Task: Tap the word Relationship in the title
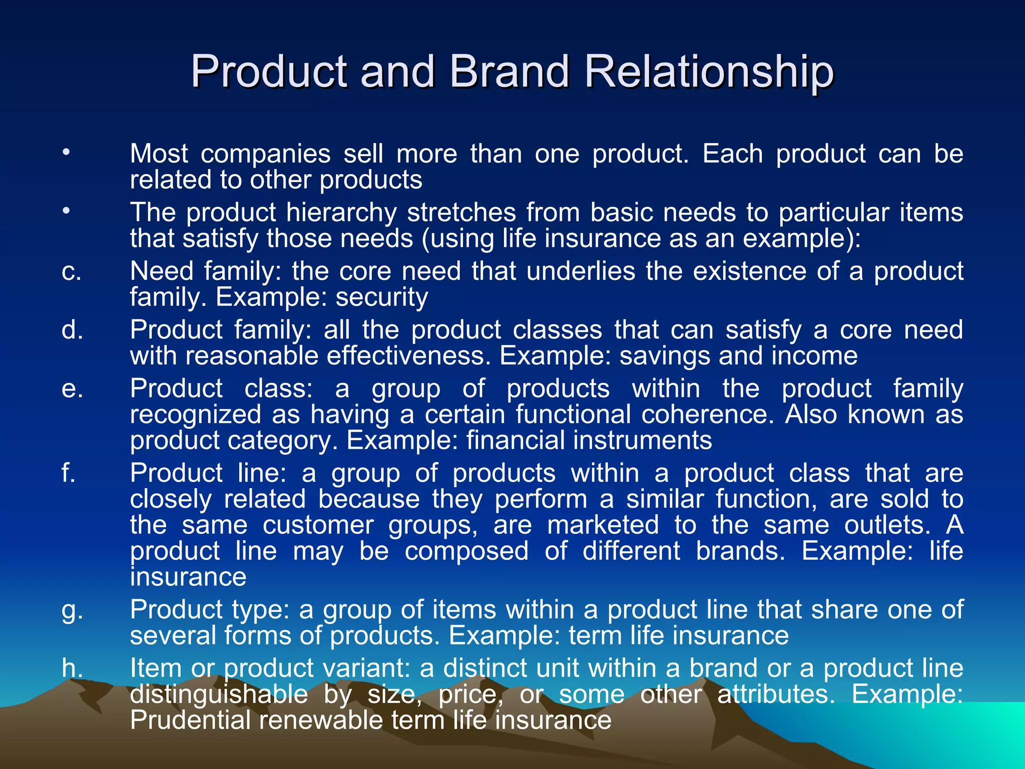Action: click(708, 71)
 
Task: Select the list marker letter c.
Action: click(72, 272)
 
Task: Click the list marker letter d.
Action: click(73, 330)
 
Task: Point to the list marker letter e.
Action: click(72, 390)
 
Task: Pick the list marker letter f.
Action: click(69, 473)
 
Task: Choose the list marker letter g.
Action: click(72, 611)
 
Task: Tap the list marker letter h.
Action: click(72, 668)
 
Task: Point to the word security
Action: click(381, 297)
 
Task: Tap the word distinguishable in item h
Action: click(219, 695)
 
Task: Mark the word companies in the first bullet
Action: click(265, 154)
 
